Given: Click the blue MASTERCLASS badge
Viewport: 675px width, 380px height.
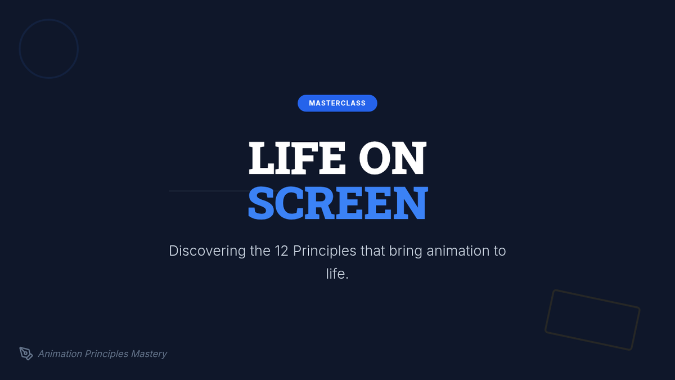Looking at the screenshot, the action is click(337, 103).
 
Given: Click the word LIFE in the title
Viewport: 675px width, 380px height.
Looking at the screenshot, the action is click(297, 158).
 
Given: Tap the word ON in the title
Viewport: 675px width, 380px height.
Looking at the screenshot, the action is click(393, 158).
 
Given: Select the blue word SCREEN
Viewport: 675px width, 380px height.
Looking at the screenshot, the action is click(337, 203).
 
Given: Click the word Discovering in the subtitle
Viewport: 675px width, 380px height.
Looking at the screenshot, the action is click(208, 251).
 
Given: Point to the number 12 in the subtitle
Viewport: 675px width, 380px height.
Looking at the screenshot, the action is click(281, 251).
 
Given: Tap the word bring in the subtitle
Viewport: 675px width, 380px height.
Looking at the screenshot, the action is click(406, 252).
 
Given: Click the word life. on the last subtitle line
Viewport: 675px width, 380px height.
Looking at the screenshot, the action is click(337, 274).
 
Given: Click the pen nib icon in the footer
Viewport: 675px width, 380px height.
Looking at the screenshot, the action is click(26, 353).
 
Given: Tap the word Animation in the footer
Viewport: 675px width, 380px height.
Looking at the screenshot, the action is click(60, 354).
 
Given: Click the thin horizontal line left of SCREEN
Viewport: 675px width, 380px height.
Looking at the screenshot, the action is click(209, 191).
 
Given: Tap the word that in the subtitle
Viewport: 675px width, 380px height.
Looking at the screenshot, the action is click(373, 251).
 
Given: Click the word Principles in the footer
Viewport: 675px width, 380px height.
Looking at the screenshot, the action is click(107, 354).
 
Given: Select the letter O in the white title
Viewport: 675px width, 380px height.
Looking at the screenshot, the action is click(374, 158).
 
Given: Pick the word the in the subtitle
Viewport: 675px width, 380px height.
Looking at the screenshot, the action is click(260, 251).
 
